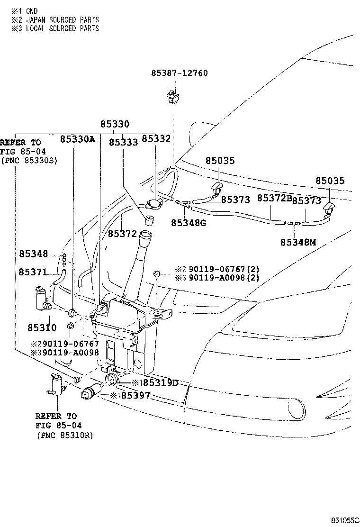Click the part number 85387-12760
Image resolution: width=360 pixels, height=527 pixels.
point(180,73)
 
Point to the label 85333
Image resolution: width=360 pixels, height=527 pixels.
point(123,142)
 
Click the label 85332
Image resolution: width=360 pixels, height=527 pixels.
point(156,138)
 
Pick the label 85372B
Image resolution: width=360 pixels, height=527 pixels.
point(274,198)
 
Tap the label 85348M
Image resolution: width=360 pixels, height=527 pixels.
point(297,242)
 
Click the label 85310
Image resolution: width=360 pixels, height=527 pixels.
point(42,327)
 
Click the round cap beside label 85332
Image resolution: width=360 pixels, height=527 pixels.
point(154,204)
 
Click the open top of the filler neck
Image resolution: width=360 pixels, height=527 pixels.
point(145,234)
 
